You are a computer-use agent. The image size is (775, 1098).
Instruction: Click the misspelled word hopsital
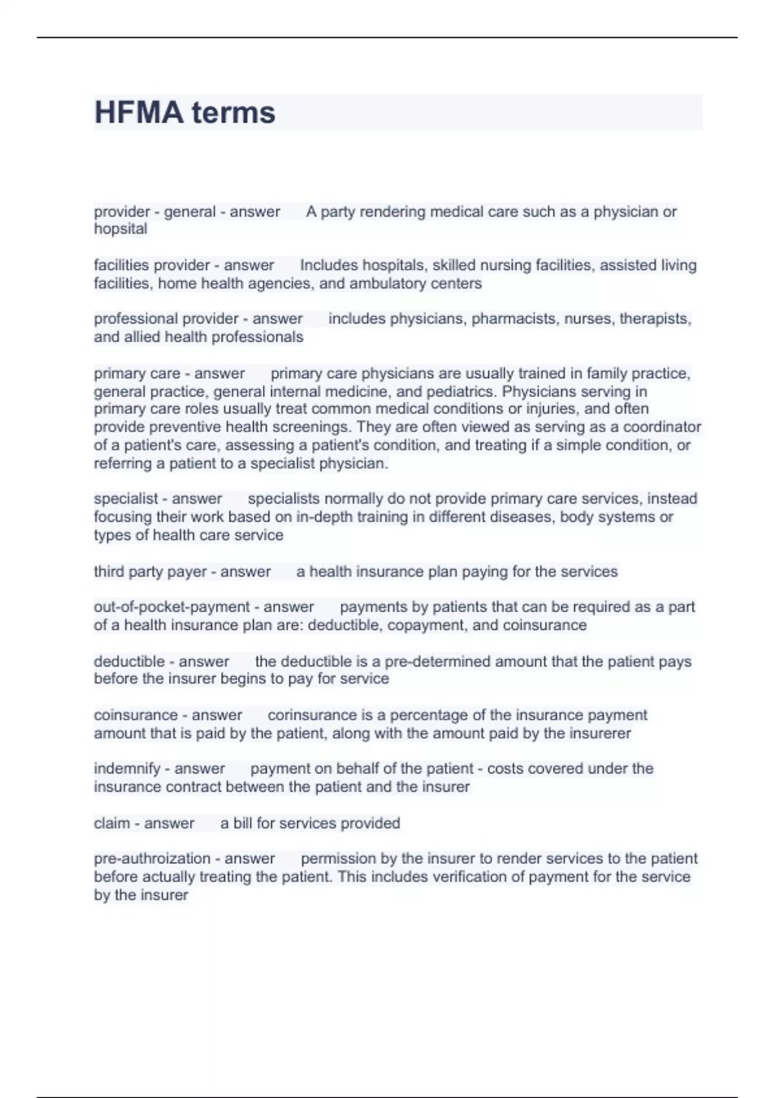pyautogui.click(x=121, y=229)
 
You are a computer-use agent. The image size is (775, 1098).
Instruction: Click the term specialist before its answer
pyautogui.click(x=126, y=499)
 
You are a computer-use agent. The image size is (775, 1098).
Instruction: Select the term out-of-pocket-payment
pyautogui.click(x=172, y=607)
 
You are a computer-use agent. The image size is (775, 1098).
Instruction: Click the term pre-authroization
pyautogui.click(x=152, y=859)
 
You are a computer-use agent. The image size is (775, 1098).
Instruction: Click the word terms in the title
pyautogui.click(x=233, y=112)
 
